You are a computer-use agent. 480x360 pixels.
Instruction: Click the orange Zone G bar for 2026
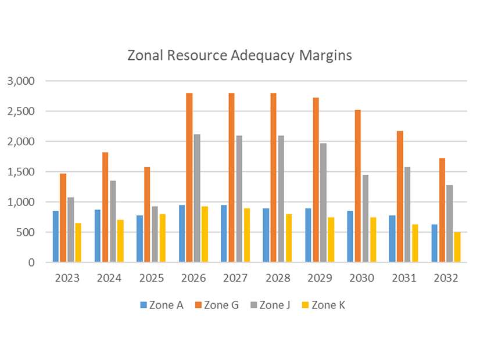(189, 178)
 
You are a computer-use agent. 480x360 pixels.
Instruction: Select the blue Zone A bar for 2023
(55, 236)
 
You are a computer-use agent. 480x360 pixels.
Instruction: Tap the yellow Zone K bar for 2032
(457, 247)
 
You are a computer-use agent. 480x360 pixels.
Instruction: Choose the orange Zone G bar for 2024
(105, 207)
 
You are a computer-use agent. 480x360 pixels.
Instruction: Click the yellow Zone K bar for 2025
(162, 238)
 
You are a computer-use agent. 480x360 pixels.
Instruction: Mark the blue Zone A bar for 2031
(392, 239)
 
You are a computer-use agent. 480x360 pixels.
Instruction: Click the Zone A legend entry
(161, 305)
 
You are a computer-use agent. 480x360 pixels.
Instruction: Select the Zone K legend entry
(327, 305)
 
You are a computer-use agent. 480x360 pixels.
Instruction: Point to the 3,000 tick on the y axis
(21, 81)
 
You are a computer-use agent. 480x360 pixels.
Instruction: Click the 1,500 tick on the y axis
(21, 172)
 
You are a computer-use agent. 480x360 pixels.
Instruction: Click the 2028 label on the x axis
(278, 278)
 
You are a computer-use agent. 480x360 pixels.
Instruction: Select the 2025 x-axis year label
(151, 278)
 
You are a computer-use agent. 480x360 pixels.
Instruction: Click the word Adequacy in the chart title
(260, 57)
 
